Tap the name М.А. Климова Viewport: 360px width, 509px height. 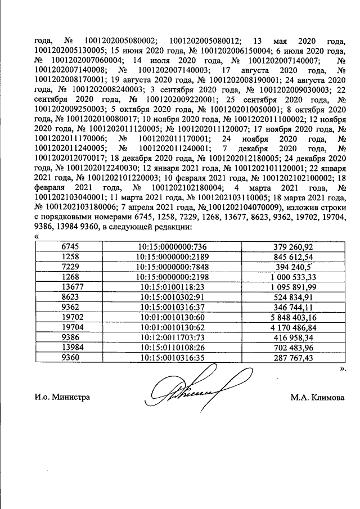pos(317,397)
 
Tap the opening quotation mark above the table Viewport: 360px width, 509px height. pos(37,237)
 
